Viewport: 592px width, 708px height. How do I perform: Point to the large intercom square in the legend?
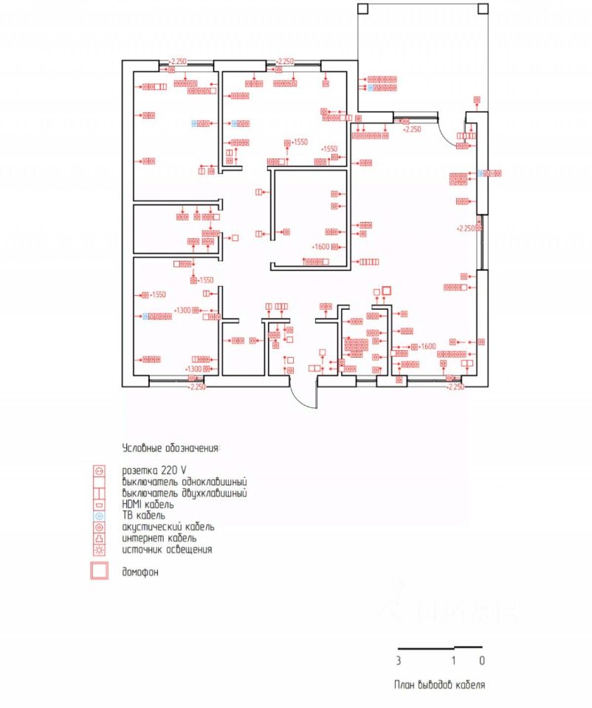tap(99, 572)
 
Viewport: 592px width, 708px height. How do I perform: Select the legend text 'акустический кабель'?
tap(169, 527)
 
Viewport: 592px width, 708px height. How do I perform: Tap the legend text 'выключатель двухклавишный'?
tap(185, 493)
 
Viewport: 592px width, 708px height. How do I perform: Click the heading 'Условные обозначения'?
tap(171, 448)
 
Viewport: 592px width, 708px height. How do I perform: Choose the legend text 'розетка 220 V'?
tap(154, 470)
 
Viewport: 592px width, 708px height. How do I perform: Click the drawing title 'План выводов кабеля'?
tap(439, 685)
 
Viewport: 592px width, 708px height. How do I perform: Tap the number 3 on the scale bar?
tap(399, 660)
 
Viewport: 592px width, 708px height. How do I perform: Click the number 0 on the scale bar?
tap(481, 660)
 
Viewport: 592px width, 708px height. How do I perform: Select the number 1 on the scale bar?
tap(454, 660)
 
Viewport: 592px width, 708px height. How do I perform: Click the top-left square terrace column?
tap(362, 9)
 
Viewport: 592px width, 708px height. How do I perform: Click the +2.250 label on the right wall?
tap(467, 229)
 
